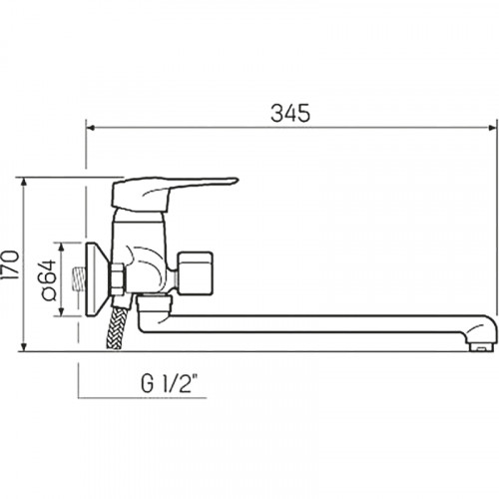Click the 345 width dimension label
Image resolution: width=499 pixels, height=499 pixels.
[290, 113]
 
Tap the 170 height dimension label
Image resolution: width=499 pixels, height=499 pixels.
[10, 264]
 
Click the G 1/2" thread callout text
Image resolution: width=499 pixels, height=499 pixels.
[170, 383]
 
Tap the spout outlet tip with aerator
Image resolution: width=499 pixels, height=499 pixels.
[482, 342]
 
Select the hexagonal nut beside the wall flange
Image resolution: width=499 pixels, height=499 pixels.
[118, 279]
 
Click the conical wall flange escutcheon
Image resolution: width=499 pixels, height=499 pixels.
[97, 279]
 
